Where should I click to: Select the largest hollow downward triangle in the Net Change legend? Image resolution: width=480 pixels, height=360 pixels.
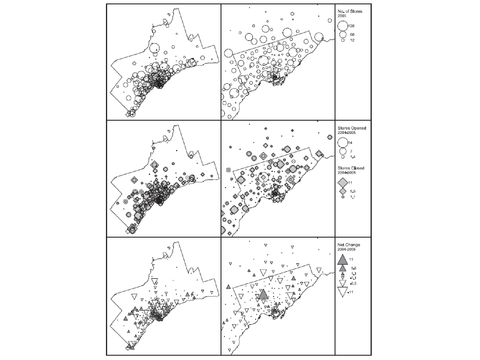[x=342, y=292]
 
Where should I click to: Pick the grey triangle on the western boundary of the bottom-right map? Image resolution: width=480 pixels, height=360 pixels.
[x=228, y=287]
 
